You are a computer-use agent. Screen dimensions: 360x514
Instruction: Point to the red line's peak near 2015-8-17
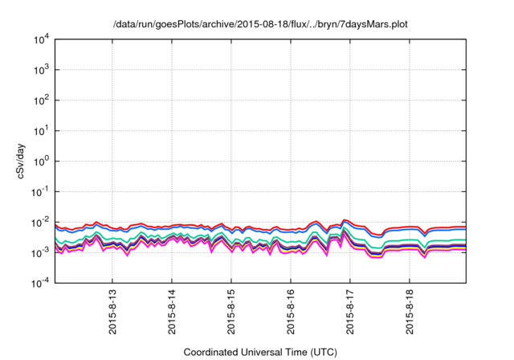[344, 219]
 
